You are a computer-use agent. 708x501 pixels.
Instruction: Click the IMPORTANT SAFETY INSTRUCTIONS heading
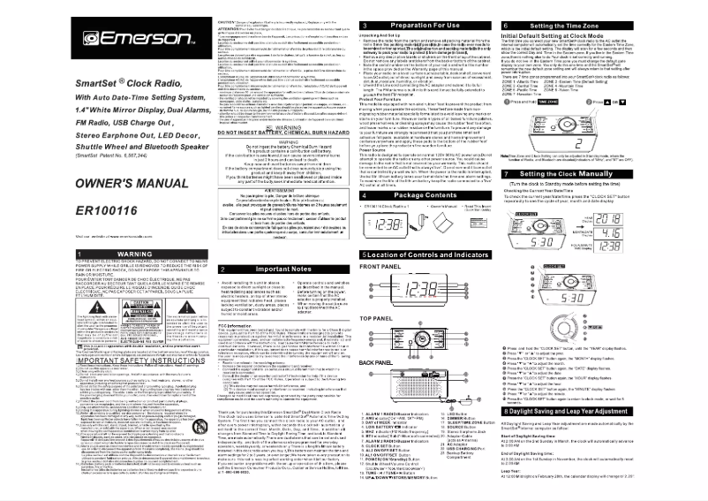(86, 361)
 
